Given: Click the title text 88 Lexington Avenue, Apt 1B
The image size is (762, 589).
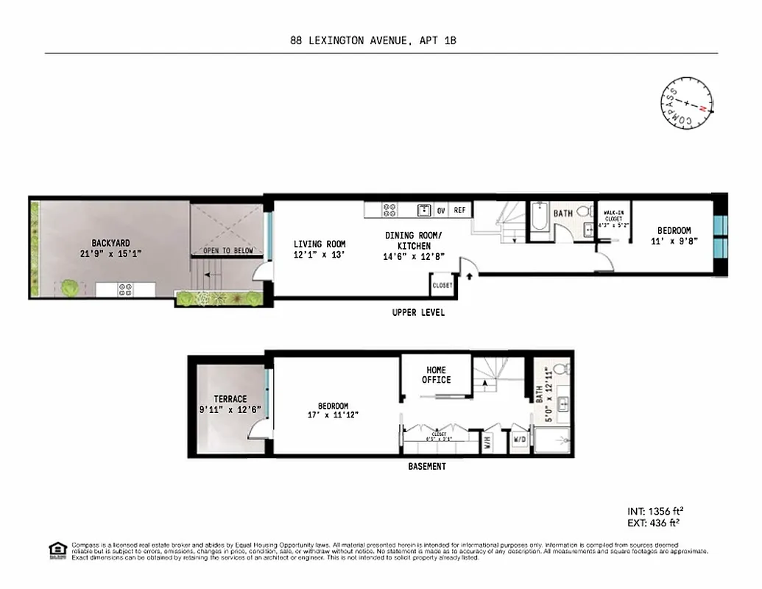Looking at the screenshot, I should [373, 41].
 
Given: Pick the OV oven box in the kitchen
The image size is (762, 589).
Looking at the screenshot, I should [441, 211].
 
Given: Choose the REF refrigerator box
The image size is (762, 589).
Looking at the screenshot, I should [460, 211].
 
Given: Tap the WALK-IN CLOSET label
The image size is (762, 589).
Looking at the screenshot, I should [614, 219].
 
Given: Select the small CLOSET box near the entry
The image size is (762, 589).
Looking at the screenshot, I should [442, 285].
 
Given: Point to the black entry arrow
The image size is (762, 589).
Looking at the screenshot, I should [468, 275].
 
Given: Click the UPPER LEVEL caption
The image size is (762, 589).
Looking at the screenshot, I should [418, 313].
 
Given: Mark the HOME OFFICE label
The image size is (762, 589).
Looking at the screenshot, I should [436, 375].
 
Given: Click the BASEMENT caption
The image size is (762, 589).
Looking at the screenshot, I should [427, 467].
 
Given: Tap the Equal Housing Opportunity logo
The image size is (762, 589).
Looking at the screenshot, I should [57, 550].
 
